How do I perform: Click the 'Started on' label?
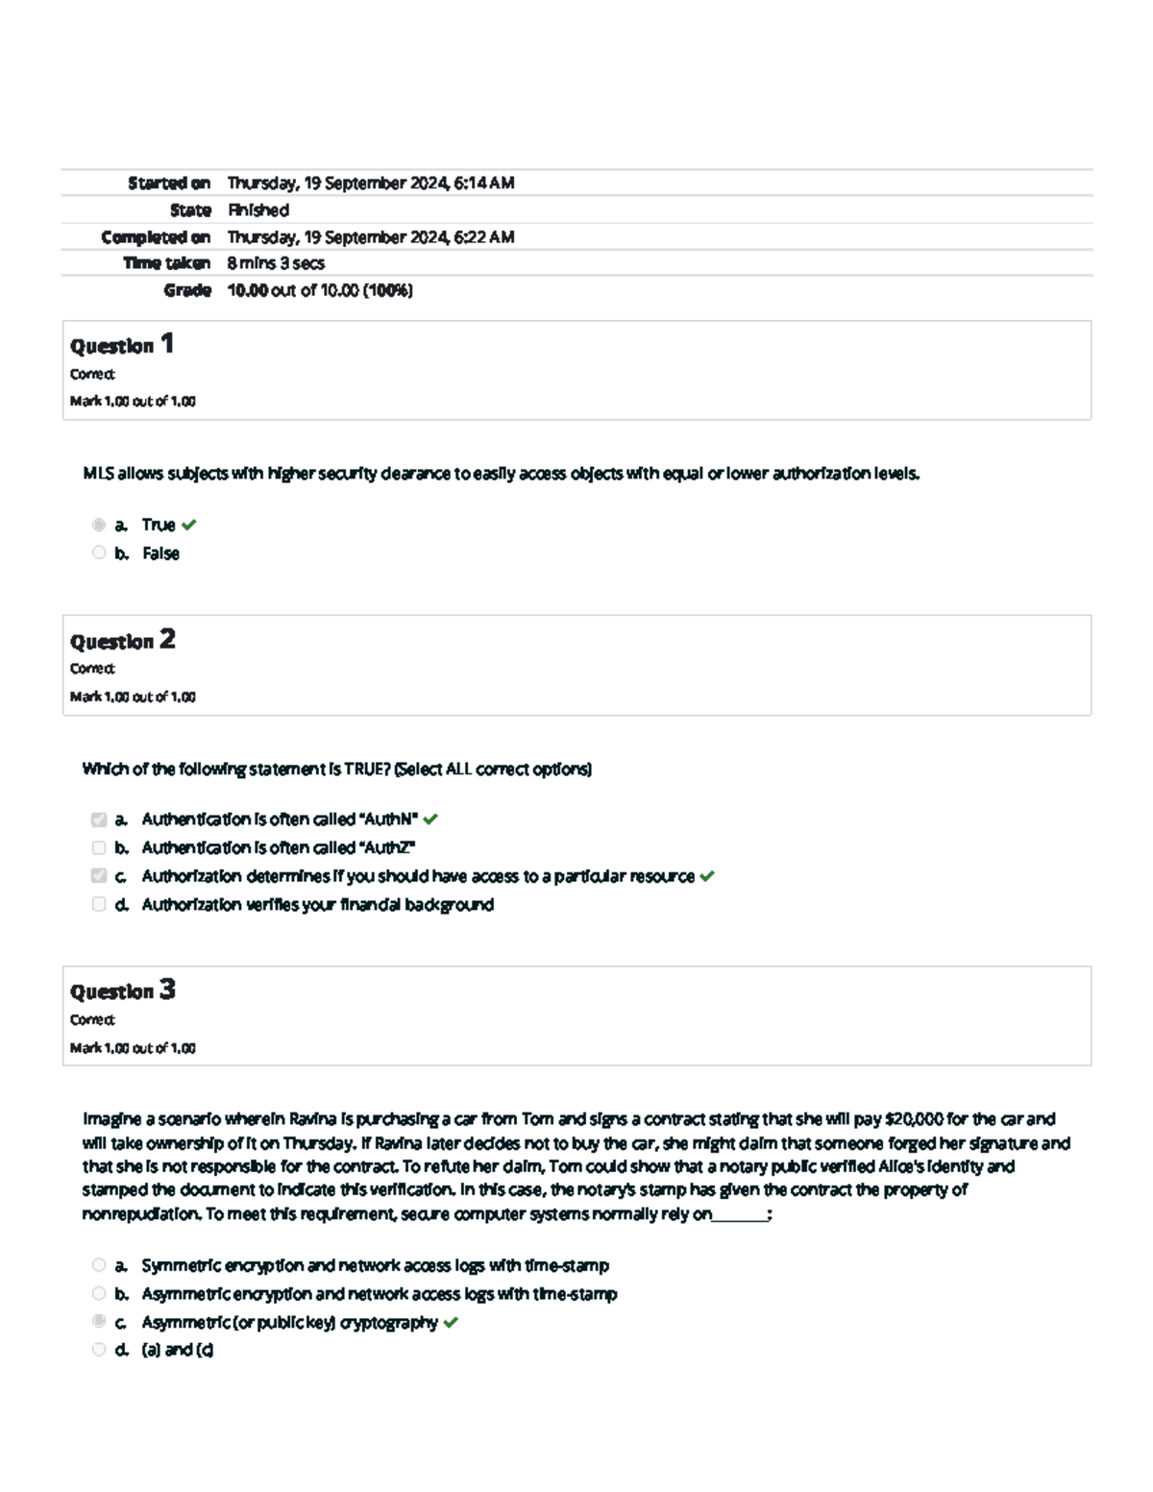tap(169, 183)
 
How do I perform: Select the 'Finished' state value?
tap(258, 209)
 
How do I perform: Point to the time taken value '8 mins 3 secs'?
tap(276, 263)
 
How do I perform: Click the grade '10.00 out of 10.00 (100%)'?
tap(320, 290)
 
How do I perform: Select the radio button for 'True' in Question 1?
tap(99, 525)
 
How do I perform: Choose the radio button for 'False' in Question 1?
tap(99, 552)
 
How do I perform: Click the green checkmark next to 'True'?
tap(189, 525)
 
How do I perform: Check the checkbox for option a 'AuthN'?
tap(99, 819)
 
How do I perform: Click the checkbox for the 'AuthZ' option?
tap(99, 847)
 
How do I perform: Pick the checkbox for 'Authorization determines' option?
tap(99, 875)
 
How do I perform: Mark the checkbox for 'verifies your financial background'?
tap(99, 904)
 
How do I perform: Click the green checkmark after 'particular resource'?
tap(707, 876)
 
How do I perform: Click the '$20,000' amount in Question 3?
tap(913, 1119)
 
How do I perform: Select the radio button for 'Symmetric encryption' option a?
tap(99, 1265)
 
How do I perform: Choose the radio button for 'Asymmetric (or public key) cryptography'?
tap(99, 1321)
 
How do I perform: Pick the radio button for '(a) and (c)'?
tap(99, 1350)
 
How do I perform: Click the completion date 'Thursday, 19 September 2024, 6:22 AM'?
tap(370, 236)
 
